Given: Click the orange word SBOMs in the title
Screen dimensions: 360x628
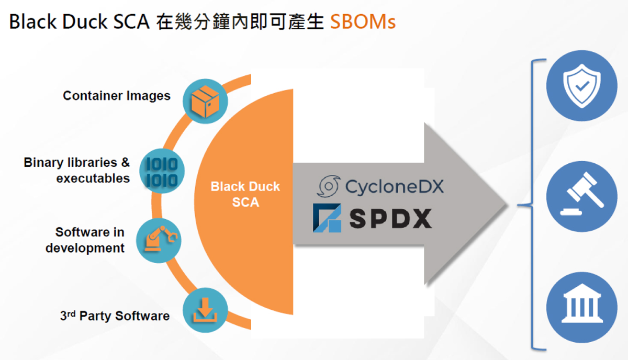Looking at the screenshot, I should (x=363, y=22).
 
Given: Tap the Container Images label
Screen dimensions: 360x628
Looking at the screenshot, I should (x=117, y=96).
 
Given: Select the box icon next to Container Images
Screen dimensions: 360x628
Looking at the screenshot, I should (x=205, y=101).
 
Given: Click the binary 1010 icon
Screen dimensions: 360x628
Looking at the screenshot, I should (x=161, y=171).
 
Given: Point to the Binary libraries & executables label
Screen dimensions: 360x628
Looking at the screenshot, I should (x=77, y=171).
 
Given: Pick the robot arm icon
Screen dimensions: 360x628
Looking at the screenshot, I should (x=159, y=241).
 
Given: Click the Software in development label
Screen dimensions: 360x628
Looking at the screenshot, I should (x=85, y=240).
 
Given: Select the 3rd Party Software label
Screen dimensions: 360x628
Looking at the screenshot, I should (x=115, y=316).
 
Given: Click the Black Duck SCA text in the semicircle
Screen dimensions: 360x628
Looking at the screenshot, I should (x=245, y=194).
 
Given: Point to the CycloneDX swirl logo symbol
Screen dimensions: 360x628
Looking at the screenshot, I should (x=329, y=187).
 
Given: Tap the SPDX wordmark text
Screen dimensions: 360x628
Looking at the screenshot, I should (x=390, y=219).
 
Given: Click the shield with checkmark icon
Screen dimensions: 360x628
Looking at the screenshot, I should (x=581, y=86).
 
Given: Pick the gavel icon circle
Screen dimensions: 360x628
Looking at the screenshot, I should (x=581, y=197).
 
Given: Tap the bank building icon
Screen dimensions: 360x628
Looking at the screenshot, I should (x=581, y=307).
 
